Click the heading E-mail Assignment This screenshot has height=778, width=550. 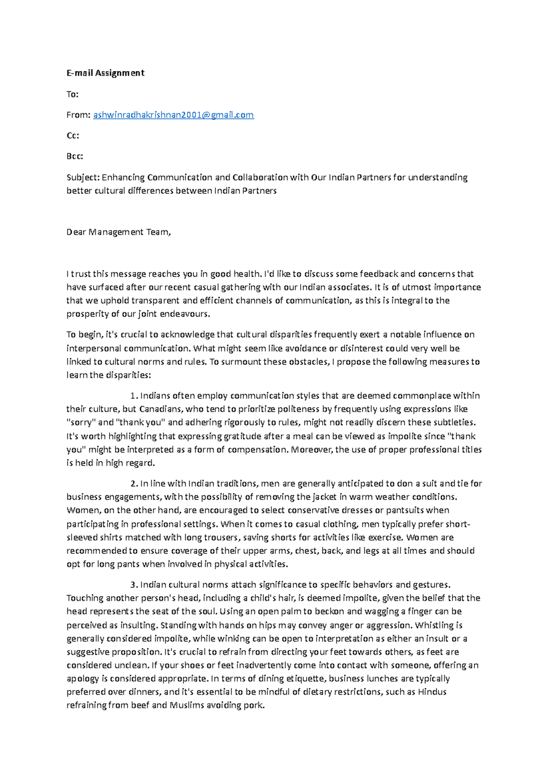105,73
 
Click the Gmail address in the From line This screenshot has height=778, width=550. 173,115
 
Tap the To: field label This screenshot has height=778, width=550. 72,94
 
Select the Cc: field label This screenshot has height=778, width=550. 72,136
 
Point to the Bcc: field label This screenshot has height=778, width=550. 75,156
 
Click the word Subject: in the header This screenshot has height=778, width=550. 83,177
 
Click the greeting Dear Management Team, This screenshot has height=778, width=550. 119,232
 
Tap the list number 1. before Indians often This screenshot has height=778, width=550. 134,395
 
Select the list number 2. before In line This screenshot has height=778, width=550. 134,483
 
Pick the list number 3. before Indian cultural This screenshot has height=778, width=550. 134,585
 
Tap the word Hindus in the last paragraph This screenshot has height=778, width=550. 432,692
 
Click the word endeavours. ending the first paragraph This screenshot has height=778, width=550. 185,314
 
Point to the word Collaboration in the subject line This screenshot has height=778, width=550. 260,177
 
